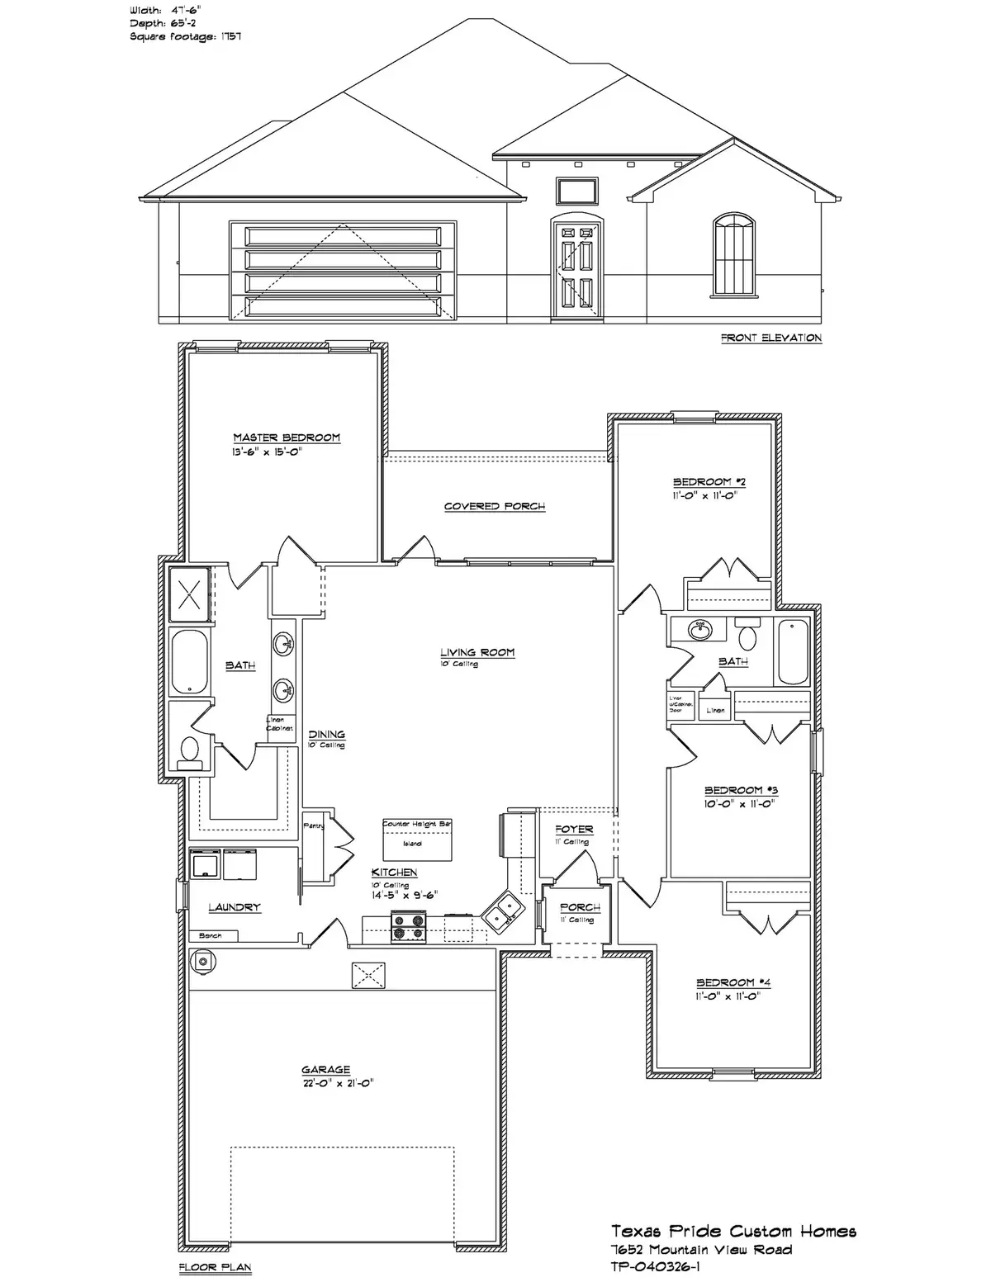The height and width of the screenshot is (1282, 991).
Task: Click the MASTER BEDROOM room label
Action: (286, 438)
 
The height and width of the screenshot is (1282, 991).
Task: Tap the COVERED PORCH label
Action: (495, 506)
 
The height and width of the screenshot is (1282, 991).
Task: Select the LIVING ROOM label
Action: (477, 652)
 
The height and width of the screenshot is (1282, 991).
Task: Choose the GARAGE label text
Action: (325, 1070)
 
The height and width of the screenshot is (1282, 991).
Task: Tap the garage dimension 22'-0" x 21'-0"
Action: (338, 1083)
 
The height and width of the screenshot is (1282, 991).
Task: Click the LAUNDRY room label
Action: (235, 907)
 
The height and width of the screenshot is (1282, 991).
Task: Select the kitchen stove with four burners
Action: (408, 926)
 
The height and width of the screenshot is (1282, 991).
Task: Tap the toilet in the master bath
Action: (189, 750)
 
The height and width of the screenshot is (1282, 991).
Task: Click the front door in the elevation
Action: (576, 267)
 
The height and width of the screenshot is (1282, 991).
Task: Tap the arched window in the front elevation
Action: (733, 254)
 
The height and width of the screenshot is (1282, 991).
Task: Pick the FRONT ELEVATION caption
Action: (771, 338)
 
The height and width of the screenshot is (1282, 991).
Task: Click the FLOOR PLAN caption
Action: (215, 1267)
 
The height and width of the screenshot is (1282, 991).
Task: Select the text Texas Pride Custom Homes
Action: (733, 1232)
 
